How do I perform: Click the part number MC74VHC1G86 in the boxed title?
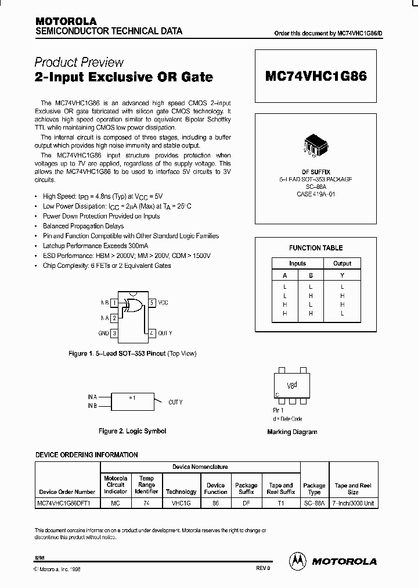pos(316,76)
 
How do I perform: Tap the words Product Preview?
pos(79,62)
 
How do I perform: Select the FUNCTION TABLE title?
pos(316,248)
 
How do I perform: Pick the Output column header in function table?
pos(342,264)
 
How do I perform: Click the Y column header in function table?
pos(342,276)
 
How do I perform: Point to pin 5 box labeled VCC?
pos(152,303)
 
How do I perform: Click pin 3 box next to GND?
pos(114,333)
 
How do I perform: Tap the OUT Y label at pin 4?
pos(165,333)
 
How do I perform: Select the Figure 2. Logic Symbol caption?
pos(132,431)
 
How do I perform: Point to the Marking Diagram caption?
pos(292,432)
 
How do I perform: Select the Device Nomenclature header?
pos(200,467)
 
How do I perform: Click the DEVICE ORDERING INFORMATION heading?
pos(87,454)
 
